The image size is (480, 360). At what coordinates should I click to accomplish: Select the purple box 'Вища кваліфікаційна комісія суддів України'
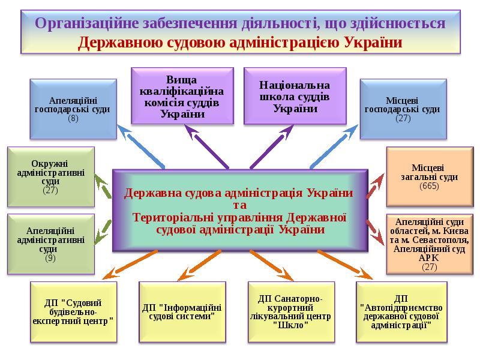click(182, 96)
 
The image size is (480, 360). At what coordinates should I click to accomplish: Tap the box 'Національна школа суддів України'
click(295, 96)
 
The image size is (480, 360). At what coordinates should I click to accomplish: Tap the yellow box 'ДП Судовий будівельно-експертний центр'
click(72, 311)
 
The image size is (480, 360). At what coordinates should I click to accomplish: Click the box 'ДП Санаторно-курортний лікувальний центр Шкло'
click(290, 311)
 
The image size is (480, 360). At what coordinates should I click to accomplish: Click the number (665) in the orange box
click(429, 186)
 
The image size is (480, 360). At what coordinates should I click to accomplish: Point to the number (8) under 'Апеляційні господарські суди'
click(73, 119)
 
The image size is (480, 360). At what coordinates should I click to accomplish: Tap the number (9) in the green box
click(50, 258)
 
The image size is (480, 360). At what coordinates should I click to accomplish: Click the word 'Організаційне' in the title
click(85, 24)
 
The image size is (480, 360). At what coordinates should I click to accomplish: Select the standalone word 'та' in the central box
click(239, 205)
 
